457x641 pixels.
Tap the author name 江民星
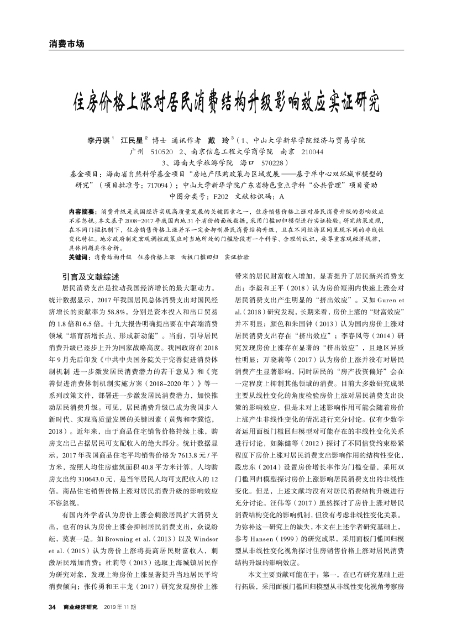point(133,140)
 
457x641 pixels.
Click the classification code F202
point(219,196)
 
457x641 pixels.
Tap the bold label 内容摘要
point(82,212)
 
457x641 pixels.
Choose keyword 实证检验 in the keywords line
point(237,258)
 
